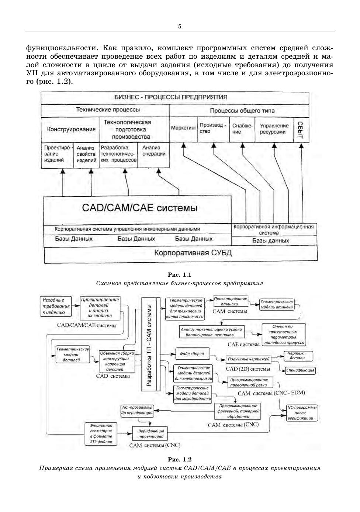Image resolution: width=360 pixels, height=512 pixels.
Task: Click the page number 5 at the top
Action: click(180, 26)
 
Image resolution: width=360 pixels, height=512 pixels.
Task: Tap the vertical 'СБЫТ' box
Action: click(301, 130)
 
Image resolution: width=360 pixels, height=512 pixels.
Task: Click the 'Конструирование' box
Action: click(71, 129)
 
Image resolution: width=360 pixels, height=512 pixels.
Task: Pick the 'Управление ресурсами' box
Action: click(274, 129)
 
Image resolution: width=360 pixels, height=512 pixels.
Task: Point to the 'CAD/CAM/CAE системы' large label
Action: click(139, 208)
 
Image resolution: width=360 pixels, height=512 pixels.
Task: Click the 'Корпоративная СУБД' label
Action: click(193, 253)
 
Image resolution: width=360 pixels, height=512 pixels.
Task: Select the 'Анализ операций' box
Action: click(154, 151)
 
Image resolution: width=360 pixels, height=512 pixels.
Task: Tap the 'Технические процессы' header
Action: click(108, 110)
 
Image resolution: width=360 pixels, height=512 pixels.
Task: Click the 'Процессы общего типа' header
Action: click(242, 110)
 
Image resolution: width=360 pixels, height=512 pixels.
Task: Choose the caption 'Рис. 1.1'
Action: click(180, 275)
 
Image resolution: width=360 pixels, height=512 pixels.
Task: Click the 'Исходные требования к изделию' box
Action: click(55, 306)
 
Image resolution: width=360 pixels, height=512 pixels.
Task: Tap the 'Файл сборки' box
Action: click(192, 354)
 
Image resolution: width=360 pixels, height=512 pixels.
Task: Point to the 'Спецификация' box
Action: click(300, 370)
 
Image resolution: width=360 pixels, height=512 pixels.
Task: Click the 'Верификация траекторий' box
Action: click(150, 433)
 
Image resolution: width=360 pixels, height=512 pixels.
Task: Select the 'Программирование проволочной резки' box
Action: click(250, 382)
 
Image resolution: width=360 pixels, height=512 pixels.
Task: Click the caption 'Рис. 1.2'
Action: click(180, 460)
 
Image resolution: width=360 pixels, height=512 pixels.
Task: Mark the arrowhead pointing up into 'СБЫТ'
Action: click(301, 146)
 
